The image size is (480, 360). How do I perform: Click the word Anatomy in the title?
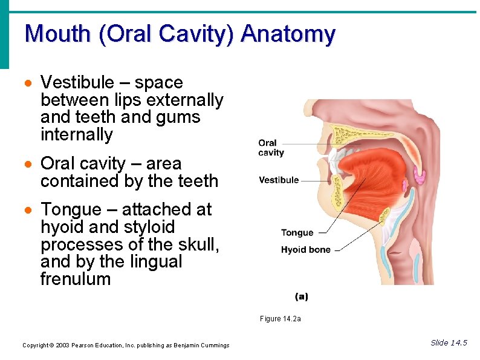(x=288, y=34)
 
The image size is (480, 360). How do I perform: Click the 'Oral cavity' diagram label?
(x=271, y=148)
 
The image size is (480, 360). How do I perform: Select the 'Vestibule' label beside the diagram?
(x=279, y=180)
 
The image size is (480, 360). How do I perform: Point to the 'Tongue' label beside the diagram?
(x=297, y=232)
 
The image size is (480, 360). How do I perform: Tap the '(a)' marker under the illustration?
(x=302, y=296)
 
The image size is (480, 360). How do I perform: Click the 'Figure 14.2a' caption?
(x=280, y=319)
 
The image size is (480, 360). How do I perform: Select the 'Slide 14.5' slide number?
(x=449, y=343)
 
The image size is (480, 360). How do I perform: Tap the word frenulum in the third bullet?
(x=76, y=279)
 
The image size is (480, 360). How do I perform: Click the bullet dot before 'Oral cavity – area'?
(x=28, y=165)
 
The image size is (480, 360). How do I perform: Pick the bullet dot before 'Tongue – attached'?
(x=28, y=211)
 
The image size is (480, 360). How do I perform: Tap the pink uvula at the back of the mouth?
(x=419, y=177)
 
